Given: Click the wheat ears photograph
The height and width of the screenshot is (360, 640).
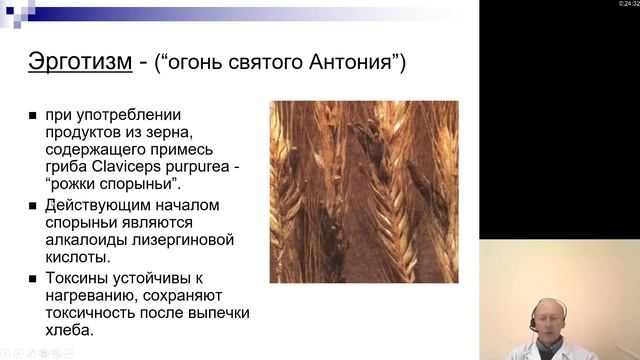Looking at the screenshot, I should point(364,191).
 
